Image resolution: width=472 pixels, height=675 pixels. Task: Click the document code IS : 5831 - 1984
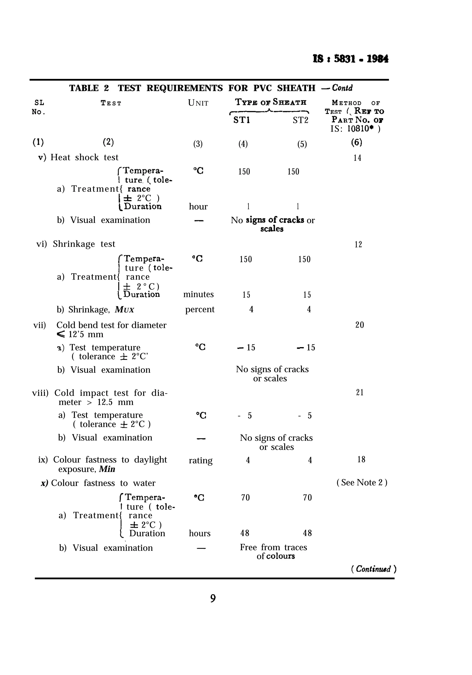[x=350, y=59]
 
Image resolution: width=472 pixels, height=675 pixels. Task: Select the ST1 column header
[x=242, y=120]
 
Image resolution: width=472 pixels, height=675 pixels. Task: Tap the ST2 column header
[x=300, y=120]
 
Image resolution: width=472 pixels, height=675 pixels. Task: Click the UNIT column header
[x=198, y=103]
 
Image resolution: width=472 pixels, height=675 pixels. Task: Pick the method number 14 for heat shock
[x=357, y=158]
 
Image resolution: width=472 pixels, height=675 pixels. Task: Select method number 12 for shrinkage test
[x=358, y=245]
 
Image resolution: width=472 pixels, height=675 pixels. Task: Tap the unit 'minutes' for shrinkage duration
[x=198, y=294]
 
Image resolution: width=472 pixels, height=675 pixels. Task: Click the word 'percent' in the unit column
[x=200, y=309]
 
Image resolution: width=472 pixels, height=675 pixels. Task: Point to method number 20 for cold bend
[x=360, y=325]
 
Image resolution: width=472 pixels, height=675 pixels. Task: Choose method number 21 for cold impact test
[x=360, y=393]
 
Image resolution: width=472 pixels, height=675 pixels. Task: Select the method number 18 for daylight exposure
[x=361, y=460]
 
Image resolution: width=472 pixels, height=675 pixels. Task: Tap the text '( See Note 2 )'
[x=362, y=482]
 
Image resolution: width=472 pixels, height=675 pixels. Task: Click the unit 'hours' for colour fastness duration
[x=200, y=533]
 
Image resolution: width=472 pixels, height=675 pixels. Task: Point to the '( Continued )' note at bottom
[x=374, y=569]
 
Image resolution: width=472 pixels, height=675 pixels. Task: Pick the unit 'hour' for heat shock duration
[x=198, y=207]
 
